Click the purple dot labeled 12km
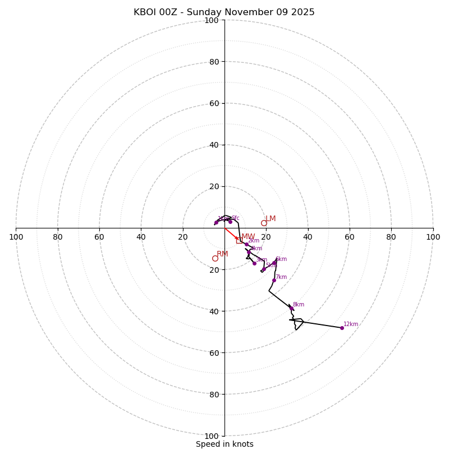click(x=342, y=328)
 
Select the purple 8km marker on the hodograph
click(x=291, y=308)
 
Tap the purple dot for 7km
click(x=274, y=280)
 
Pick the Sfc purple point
click(x=230, y=222)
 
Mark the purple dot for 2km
click(x=246, y=244)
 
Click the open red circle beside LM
click(x=264, y=223)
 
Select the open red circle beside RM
click(x=215, y=258)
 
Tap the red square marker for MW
click(x=239, y=240)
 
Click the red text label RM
click(x=222, y=254)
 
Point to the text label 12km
click(x=351, y=324)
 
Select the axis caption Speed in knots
click(x=224, y=444)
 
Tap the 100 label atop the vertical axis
click(x=212, y=21)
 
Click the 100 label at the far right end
click(x=433, y=237)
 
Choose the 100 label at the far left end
click(x=16, y=237)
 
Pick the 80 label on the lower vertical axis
click(x=214, y=394)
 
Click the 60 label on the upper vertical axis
click(x=214, y=103)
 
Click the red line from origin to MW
click(x=230, y=233)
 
